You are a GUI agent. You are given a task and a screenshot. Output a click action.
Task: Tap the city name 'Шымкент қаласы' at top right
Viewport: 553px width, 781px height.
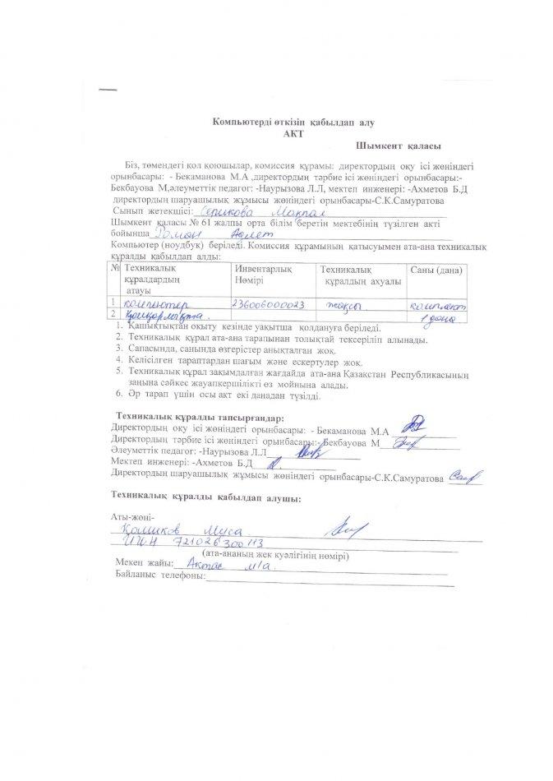tap(409, 146)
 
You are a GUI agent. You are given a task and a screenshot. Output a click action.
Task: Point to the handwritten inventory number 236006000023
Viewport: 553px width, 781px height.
tap(269, 303)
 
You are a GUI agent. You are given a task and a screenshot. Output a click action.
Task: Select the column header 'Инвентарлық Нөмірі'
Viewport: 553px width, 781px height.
tap(261, 275)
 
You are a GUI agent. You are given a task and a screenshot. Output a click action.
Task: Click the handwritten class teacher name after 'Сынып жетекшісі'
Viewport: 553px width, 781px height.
tap(239, 210)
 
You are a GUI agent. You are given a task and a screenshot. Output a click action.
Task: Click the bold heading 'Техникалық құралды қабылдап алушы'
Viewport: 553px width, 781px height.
tap(205, 497)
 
